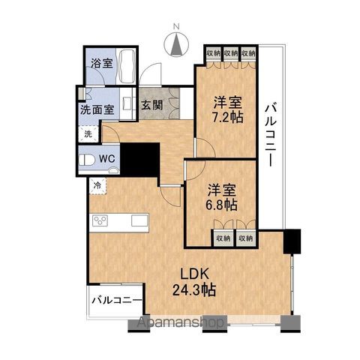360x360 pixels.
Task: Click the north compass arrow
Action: click(x=178, y=45)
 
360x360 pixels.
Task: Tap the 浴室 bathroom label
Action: click(x=102, y=64)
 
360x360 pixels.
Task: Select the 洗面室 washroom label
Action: click(x=97, y=109)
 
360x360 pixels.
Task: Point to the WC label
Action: click(x=106, y=159)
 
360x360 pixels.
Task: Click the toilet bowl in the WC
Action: click(x=88, y=159)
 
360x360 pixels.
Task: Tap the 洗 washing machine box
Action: click(x=87, y=133)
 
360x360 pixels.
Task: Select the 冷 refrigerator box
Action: click(x=97, y=183)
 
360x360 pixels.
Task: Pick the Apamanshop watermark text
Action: click(x=181, y=324)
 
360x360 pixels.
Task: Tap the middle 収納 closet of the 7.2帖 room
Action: click(x=232, y=53)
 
